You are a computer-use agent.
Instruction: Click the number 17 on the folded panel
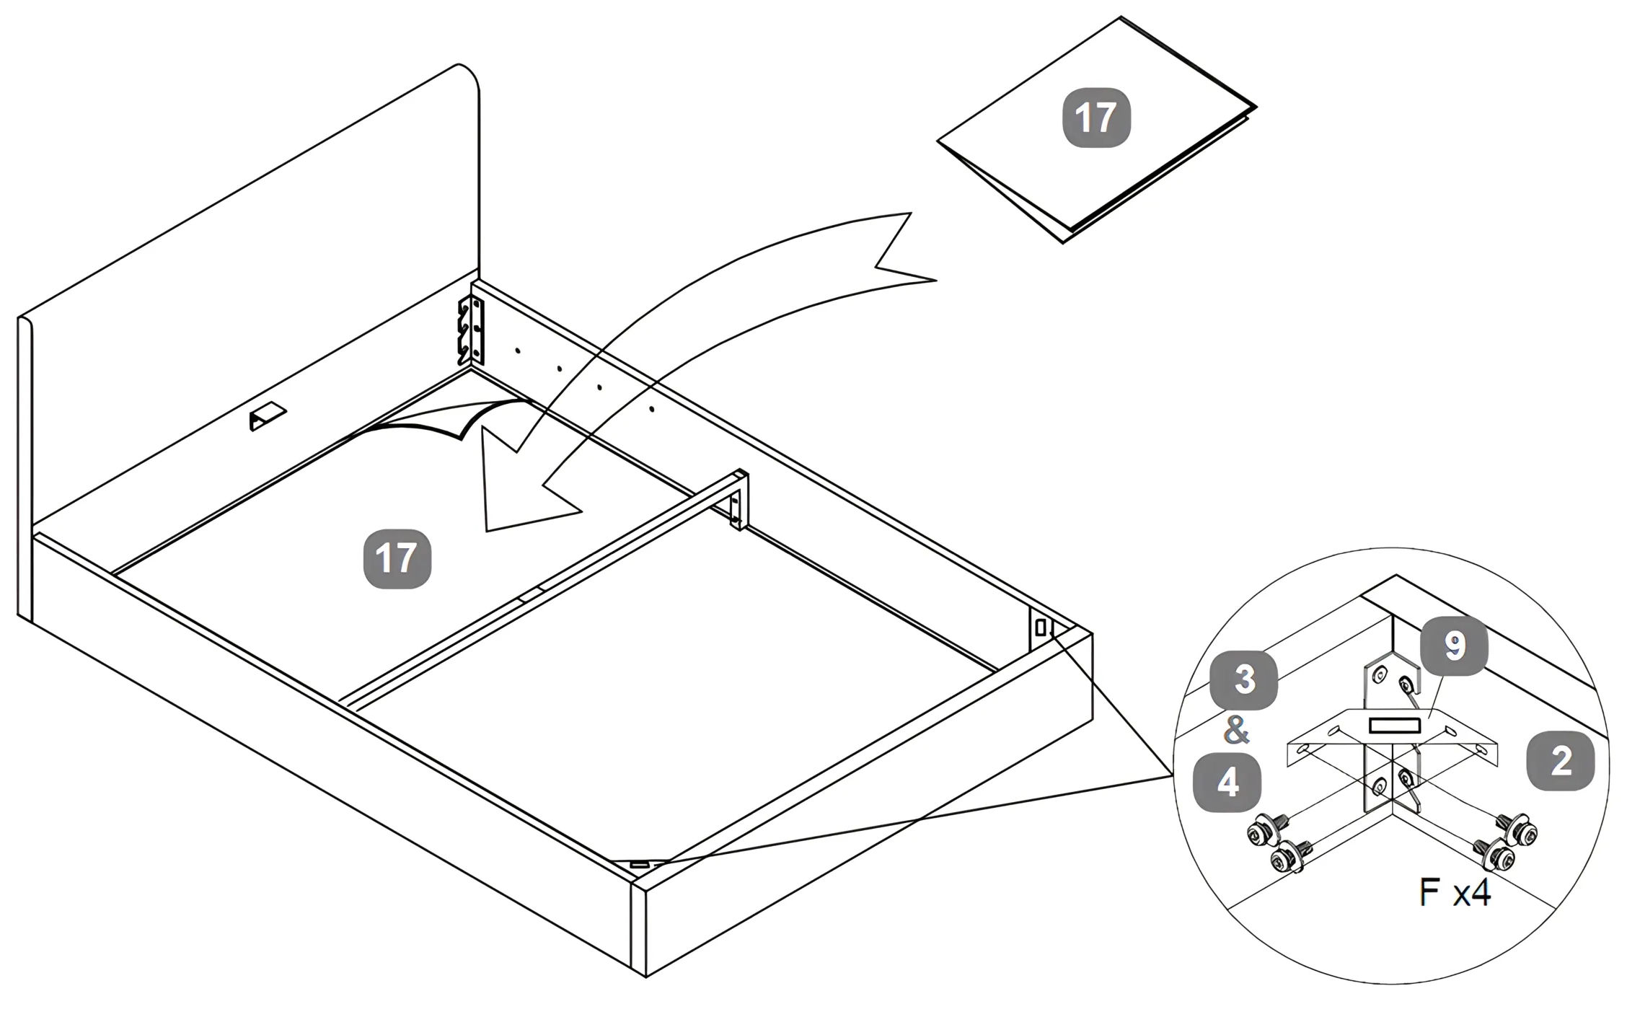tap(1096, 118)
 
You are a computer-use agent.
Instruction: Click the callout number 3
tap(1243, 680)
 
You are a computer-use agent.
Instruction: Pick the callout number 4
tap(1227, 782)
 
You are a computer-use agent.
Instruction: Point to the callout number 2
tap(1561, 761)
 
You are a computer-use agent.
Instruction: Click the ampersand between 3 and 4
tap(1236, 731)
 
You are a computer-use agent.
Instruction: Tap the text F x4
tap(1454, 892)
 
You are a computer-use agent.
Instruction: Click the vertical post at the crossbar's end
tap(739, 501)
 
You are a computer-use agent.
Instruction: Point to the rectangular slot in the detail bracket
tap(1395, 726)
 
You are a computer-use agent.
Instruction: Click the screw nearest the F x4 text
tap(1496, 857)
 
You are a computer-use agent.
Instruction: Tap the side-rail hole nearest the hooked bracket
tap(518, 351)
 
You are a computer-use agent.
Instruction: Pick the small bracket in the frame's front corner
tap(639, 863)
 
